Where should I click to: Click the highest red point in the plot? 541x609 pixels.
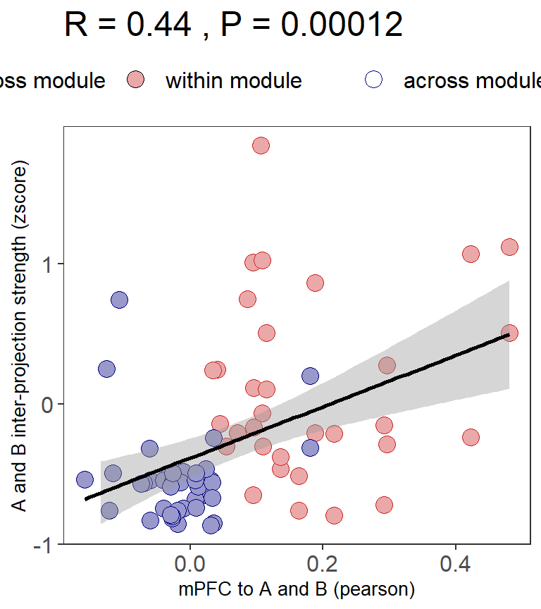point(261,146)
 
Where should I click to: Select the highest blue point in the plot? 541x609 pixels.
point(119,300)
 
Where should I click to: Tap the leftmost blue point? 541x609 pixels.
point(85,480)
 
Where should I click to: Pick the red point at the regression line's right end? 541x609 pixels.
point(509,333)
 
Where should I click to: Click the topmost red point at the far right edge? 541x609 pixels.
point(509,247)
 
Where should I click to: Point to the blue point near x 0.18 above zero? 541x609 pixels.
point(310,376)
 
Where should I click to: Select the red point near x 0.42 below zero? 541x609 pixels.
point(471,438)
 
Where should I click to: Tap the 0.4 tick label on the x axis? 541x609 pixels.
point(456,565)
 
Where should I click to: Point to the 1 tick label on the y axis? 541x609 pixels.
point(46,264)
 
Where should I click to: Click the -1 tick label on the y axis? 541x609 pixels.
point(42,545)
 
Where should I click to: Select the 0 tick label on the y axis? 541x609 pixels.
point(46,405)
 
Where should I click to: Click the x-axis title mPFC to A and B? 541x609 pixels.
point(297,589)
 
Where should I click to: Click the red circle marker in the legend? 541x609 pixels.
point(137,80)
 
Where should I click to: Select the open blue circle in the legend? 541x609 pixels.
point(374,80)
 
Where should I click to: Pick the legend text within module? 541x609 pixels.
point(233,81)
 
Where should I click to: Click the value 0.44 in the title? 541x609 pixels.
point(158,26)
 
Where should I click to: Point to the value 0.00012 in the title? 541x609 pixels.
point(342,26)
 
